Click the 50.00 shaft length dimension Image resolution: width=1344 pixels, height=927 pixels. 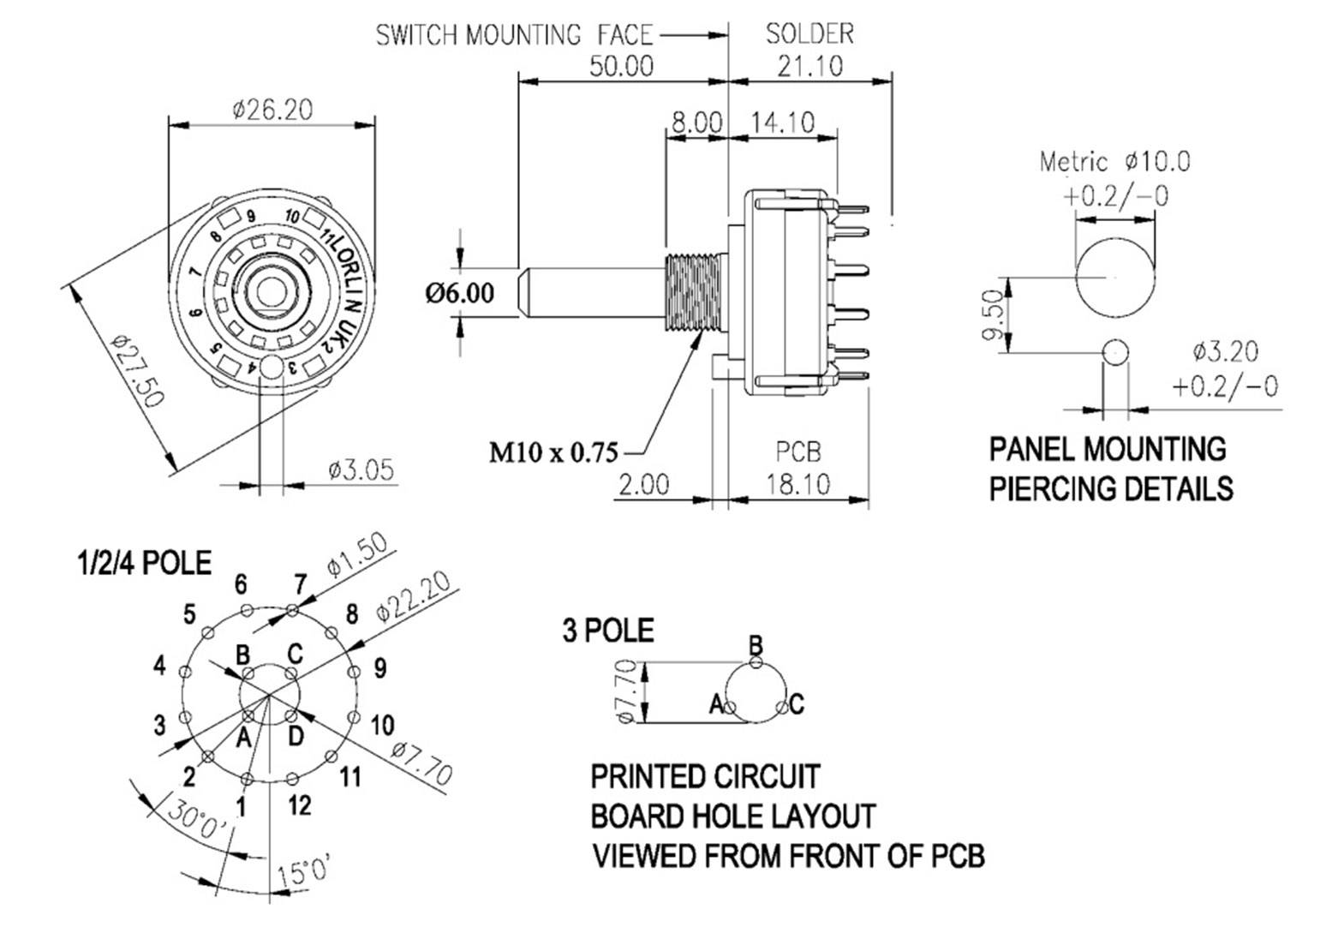click(623, 66)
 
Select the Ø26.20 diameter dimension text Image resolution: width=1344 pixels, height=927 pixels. click(272, 110)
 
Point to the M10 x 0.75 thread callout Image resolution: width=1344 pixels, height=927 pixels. click(553, 452)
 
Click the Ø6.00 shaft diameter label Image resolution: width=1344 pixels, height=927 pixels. click(460, 293)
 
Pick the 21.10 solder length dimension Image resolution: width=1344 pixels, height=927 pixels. click(809, 66)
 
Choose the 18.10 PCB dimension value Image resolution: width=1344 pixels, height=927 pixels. click(797, 485)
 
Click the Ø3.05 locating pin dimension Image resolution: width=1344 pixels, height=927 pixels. click(361, 469)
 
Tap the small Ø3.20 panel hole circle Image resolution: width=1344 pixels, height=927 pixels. click(1115, 352)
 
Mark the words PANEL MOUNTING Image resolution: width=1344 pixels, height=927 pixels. click(1108, 449)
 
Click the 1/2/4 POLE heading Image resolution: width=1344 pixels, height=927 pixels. click(144, 564)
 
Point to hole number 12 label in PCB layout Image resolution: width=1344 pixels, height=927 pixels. click(299, 805)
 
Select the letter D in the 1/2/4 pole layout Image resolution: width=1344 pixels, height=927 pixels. click(295, 737)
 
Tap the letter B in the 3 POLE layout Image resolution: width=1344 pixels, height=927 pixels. click(755, 644)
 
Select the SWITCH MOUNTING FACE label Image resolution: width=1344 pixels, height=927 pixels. click(514, 35)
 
